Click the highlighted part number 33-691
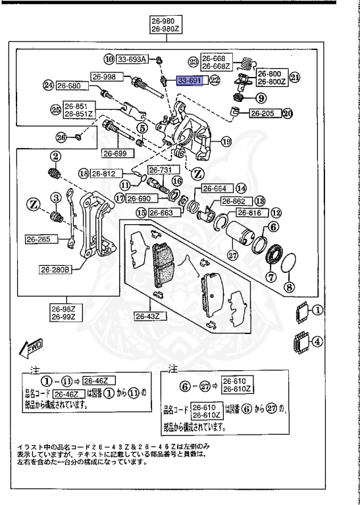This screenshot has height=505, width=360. (191, 80)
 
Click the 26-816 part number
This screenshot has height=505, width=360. (249, 212)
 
